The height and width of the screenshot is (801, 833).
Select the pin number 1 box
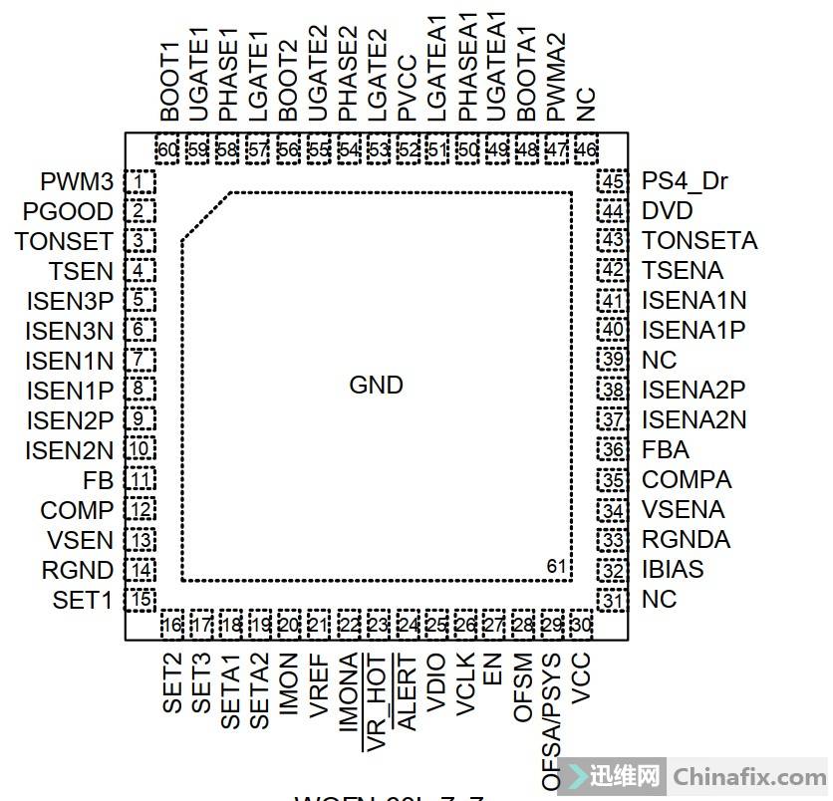(140, 182)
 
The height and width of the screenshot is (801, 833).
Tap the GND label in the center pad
(376, 386)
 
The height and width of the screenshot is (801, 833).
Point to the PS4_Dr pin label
(685, 181)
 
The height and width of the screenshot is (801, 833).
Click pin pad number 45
(612, 182)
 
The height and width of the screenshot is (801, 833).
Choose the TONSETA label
(699, 241)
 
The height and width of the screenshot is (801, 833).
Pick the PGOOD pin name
(68, 212)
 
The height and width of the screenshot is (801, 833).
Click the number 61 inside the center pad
(558, 567)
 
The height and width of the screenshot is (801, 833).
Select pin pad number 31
(612, 600)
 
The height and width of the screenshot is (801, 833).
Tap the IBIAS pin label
(673, 570)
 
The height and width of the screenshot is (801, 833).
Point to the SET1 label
(83, 601)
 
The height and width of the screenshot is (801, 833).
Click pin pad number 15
(140, 600)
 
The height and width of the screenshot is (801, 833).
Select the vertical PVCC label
(407, 91)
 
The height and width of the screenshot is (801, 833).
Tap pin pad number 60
(168, 150)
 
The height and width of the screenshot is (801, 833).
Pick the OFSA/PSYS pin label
(551, 716)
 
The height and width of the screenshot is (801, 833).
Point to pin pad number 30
(581, 625)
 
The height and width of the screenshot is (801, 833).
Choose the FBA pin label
(666, 450)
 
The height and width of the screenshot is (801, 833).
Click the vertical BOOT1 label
(168, 89)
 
